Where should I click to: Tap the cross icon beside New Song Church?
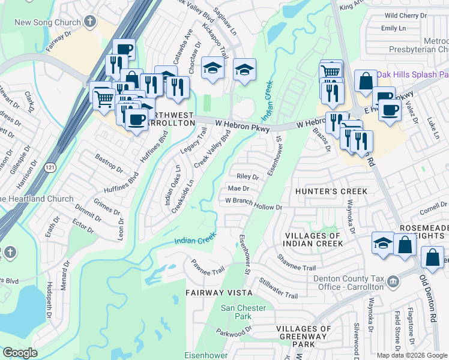coord(90,23)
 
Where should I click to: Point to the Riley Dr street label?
coord(247,177)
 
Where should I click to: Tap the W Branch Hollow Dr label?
coord(253,207)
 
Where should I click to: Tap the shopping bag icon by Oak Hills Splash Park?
coord(366,80)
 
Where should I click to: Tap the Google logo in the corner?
coord(20,353)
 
